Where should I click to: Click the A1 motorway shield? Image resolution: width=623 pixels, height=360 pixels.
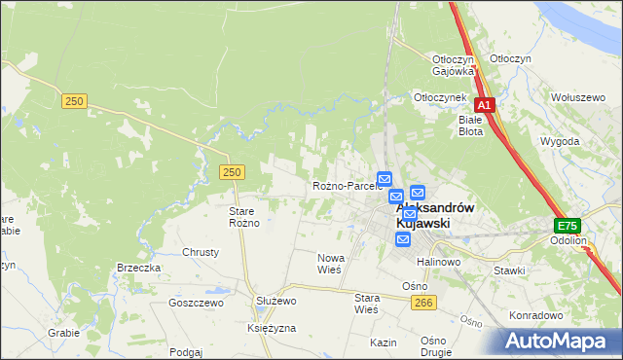tap(485, 105)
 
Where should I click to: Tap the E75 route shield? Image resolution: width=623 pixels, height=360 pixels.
tap(568, 224)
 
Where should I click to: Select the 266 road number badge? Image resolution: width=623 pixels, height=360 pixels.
tap(422, 305)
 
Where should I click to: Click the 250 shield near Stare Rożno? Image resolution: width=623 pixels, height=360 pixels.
tap(231, 172)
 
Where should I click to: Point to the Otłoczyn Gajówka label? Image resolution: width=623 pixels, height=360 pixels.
tap(453, 64)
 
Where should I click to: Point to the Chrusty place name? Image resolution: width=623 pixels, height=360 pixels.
tap(201, 252)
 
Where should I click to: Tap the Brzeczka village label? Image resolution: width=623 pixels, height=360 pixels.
tap(138, 268)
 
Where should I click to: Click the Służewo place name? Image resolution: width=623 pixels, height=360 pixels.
tap(275, 302)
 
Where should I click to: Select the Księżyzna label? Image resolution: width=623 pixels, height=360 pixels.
tap(272, 329)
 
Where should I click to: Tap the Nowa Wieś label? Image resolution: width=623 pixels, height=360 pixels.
tap(331, 264)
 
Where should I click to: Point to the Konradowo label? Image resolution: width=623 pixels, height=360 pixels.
tap(536, 315)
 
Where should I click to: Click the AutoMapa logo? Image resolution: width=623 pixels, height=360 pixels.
tap(561, 342)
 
